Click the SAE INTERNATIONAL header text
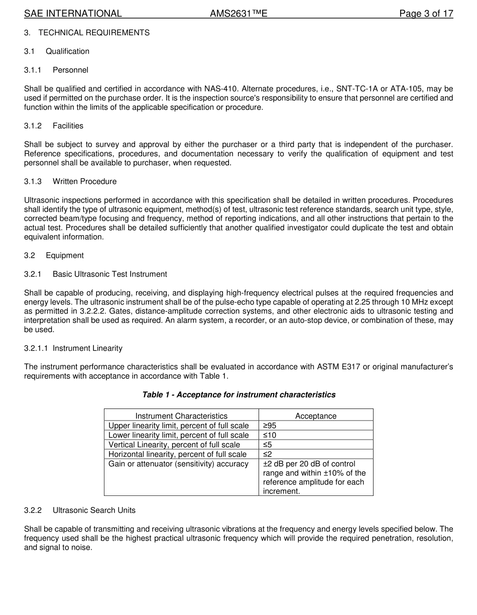[73, 14]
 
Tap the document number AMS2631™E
[238, 14]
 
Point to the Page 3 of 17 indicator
[426, 14]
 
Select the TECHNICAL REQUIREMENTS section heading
[93, 33]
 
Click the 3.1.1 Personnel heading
[70, 70]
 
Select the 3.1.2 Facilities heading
[68, 126]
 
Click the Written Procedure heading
[84, 181]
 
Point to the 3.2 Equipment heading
[64, 255]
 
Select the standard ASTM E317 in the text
[338, 367]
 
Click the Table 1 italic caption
[238, 395]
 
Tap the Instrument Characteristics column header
[181, 416]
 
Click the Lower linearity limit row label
[178, 435]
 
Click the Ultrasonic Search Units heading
[94, 510]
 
